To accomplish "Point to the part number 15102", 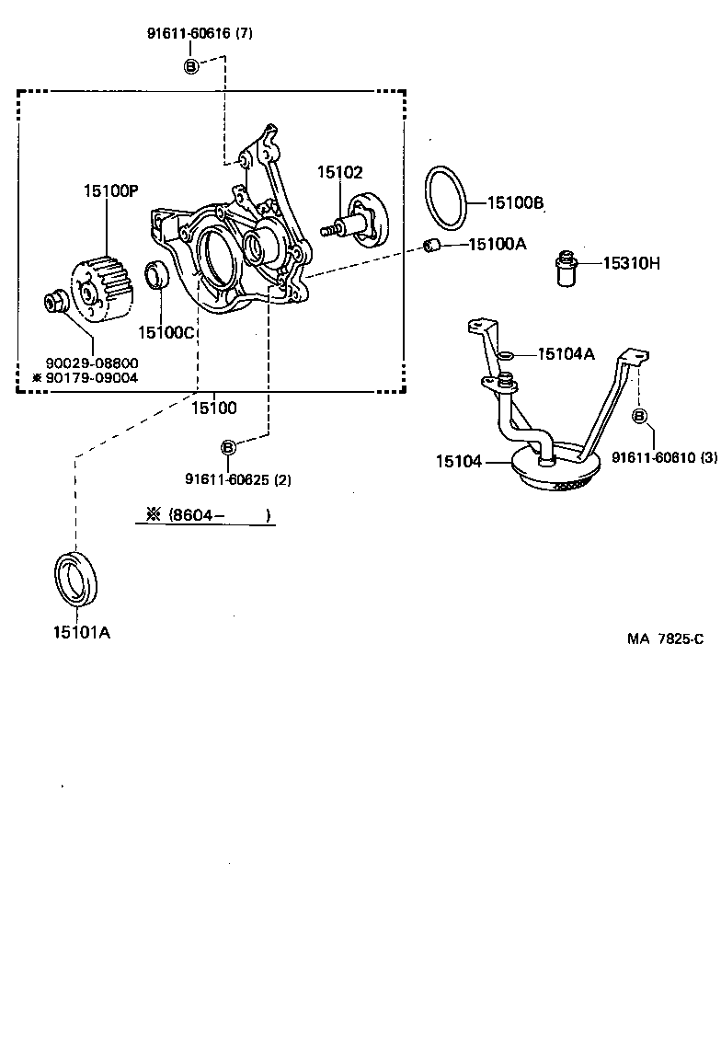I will point(340,172).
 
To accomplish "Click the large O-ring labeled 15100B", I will point(448,199).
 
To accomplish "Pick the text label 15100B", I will point(516,202).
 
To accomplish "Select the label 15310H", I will point(632,263).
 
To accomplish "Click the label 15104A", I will point(566,353).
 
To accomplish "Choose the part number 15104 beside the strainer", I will point(459,461).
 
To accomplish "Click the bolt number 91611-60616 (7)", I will point(200,33).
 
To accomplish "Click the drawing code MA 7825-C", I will point(666,639).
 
